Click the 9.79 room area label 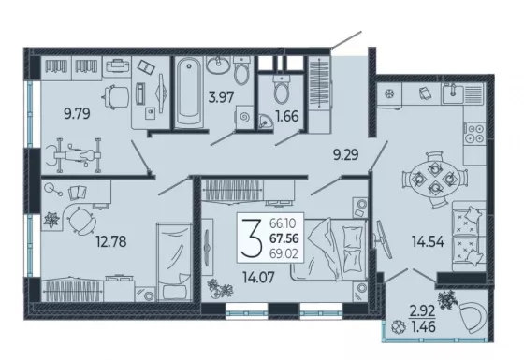(x=77, y=114)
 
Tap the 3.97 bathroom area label (x=221, y=97)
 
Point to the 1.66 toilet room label (x=287, y=116)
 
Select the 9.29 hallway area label (x=346, y=154)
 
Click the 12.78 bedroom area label (x=111, y=241)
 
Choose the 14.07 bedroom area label (x=258, y=277)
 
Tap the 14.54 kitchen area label (x=429, y=241)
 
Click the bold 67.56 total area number (x=284, y=238)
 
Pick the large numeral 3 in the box (x=252, y=238)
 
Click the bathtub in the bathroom (x=189, y=92)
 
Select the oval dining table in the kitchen (x=434, y=180)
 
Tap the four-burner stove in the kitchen (x=474, y=133)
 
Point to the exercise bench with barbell (x=74, y=155)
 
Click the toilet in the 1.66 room (x=282, y=88)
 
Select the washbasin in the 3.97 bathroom (x=218, y=65)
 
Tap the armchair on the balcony (x=473, y=317)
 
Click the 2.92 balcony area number (x=423, y=311)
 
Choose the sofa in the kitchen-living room (x=469, y=237)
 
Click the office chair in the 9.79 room (x=116, y=97)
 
